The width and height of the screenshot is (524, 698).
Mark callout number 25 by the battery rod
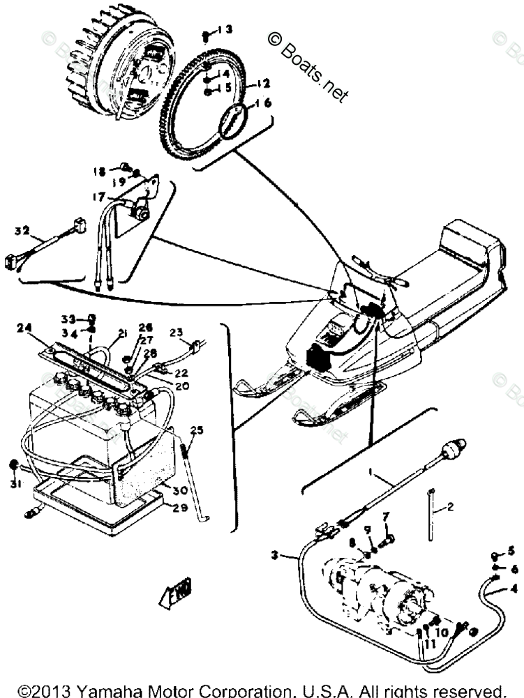pos(195,430)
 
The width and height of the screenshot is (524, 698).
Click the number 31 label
pos(16,485)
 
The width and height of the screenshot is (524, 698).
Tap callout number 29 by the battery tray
pos(180,508)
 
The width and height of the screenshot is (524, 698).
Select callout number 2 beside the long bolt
pos(449,507)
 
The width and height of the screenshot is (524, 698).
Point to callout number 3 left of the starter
pos(276,556)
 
